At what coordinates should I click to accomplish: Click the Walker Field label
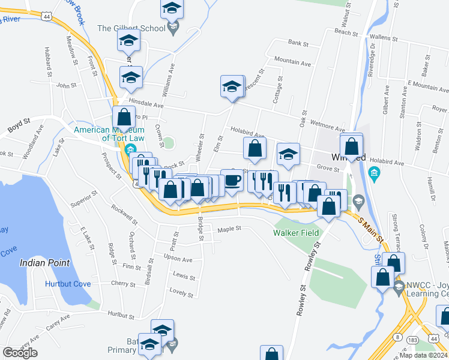295,233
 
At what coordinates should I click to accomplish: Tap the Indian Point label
44,263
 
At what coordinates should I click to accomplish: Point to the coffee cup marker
232,180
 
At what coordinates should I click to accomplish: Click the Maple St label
229,229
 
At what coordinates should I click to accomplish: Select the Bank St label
298,43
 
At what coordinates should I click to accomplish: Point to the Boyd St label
19,128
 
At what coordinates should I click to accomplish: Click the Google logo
20,353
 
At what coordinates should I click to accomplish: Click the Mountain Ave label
292,62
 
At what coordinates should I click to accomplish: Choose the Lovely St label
181,293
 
